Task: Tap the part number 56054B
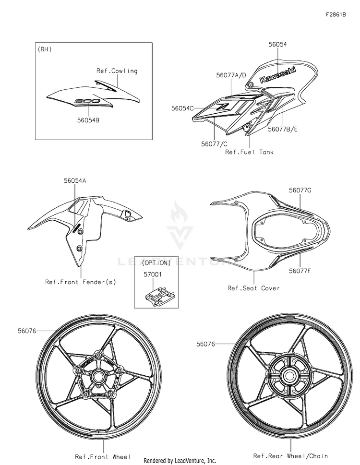[88, 120]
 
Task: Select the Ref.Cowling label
[117, 71]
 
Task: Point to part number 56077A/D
[231, 75]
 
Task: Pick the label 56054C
[182, 108]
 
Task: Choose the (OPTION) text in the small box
[156, 262]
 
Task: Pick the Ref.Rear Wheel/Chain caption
[291, 455]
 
